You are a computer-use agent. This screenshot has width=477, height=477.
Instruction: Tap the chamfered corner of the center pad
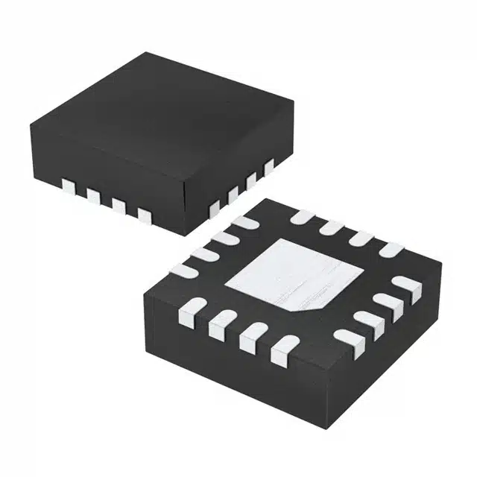click(x=317, y=306)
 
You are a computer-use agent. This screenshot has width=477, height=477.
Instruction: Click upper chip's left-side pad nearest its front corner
click(x=145, y=216)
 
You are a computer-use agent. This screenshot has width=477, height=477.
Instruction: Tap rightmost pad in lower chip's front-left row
click(x=284, y=347)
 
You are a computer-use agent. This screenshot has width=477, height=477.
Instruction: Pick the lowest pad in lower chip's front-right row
click(x=346, y=338)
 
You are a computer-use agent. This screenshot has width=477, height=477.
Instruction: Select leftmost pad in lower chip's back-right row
click(x=301, y=217)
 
